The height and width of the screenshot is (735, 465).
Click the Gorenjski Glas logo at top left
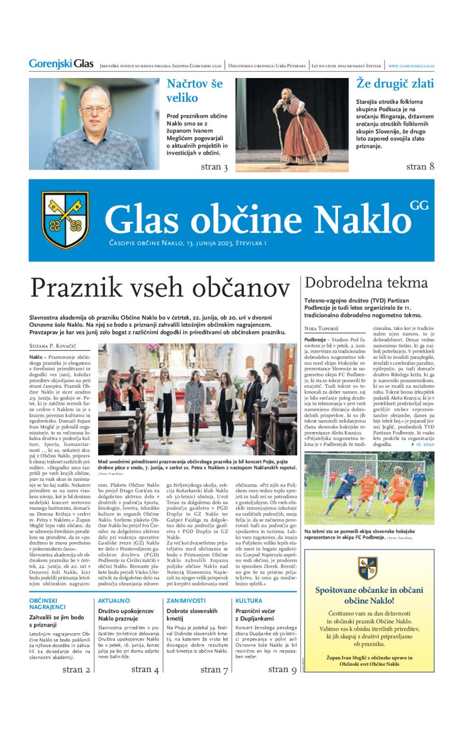61,65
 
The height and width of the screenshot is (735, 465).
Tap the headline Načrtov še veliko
195,90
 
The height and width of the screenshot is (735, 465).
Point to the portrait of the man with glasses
94,124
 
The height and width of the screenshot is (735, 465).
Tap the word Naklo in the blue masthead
359,220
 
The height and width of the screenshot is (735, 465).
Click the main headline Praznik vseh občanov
161,288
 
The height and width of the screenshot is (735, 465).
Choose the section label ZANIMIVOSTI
186,601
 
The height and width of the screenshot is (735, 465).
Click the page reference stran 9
282,669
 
